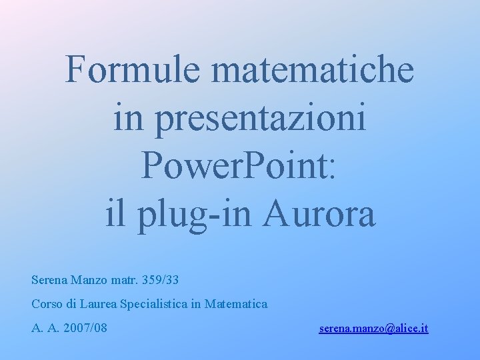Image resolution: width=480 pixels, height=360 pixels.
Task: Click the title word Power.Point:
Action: pos(240,167)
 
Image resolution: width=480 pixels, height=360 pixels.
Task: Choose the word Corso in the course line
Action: pos(47,304)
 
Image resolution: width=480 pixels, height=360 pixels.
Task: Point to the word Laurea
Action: pos(99,304)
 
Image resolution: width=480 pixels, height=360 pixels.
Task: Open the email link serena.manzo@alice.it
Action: pos(373,329)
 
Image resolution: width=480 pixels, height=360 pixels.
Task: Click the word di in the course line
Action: pos(71,304)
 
